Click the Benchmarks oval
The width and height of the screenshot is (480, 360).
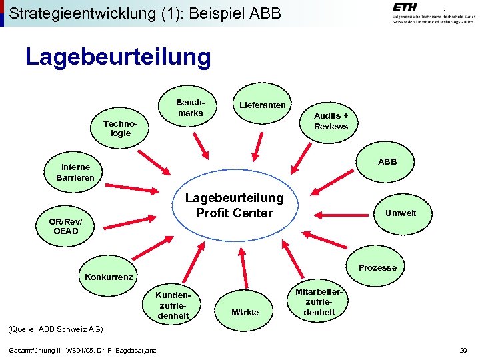click(x=189, y=108)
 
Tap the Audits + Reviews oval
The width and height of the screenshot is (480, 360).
click(x=331, y=121)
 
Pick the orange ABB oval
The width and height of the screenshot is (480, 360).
click(x=387, y=161)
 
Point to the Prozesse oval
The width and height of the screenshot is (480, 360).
click(x=377, y=267)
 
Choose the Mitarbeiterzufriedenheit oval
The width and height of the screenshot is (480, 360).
click(x=319, y=302)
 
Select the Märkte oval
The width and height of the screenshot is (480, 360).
click(x=245, y=312)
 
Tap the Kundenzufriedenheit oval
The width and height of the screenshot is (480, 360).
click(x=172, y=305)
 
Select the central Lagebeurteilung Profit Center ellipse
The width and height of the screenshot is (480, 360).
click(x=234, y=205)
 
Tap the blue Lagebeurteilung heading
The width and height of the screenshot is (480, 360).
click(x=118, y=57)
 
